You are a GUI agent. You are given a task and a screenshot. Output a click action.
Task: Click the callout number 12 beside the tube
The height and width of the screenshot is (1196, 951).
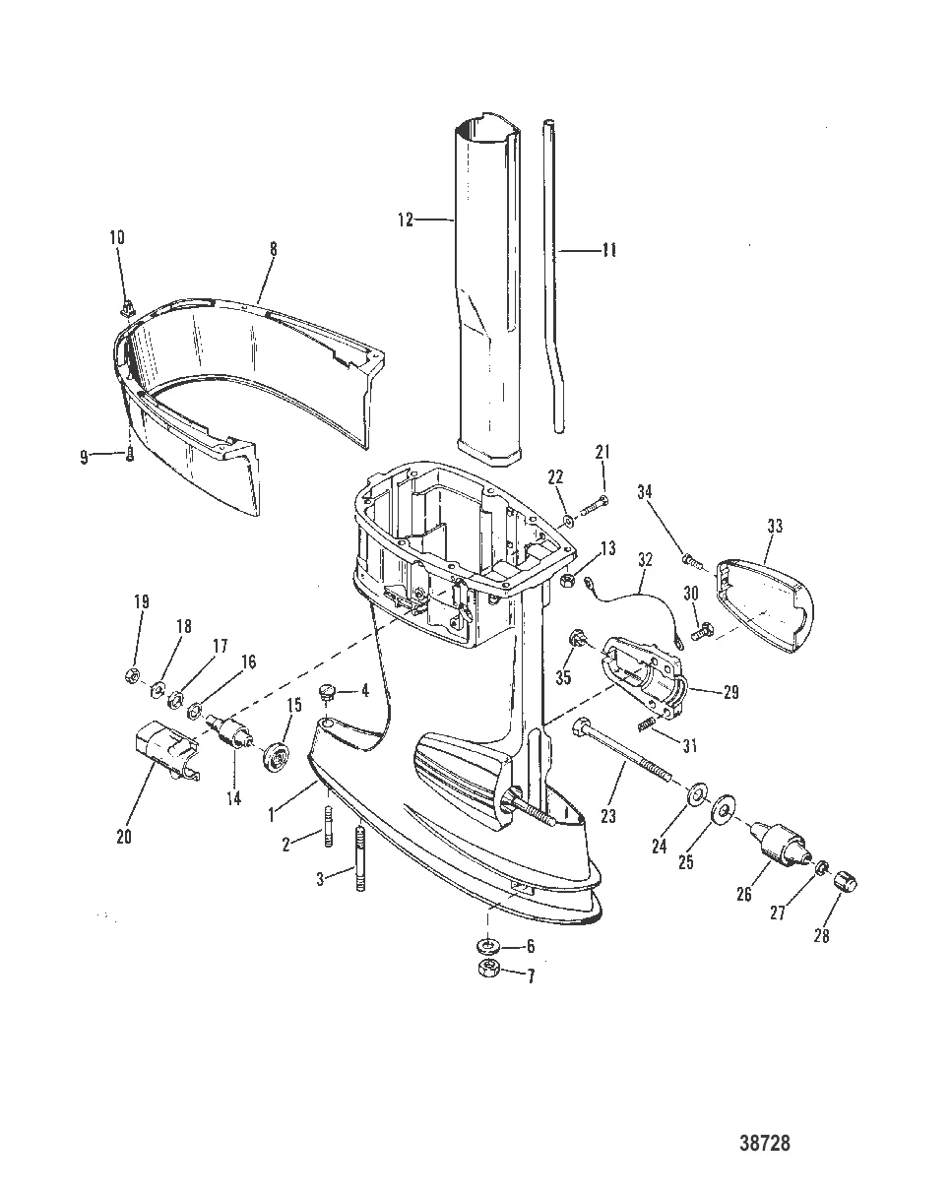406,220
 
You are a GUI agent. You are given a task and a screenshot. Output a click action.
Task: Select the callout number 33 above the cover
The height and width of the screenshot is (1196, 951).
775,527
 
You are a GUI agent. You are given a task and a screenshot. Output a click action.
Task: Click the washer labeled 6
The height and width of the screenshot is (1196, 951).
487,947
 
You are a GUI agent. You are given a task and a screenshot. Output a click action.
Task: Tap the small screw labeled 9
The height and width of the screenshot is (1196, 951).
130,454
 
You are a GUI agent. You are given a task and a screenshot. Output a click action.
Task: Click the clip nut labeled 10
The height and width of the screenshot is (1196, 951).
127,310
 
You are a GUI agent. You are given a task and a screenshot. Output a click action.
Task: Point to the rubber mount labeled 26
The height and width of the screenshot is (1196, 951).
779,843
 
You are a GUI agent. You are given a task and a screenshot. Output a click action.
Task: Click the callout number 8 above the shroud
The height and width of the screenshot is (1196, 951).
273,249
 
